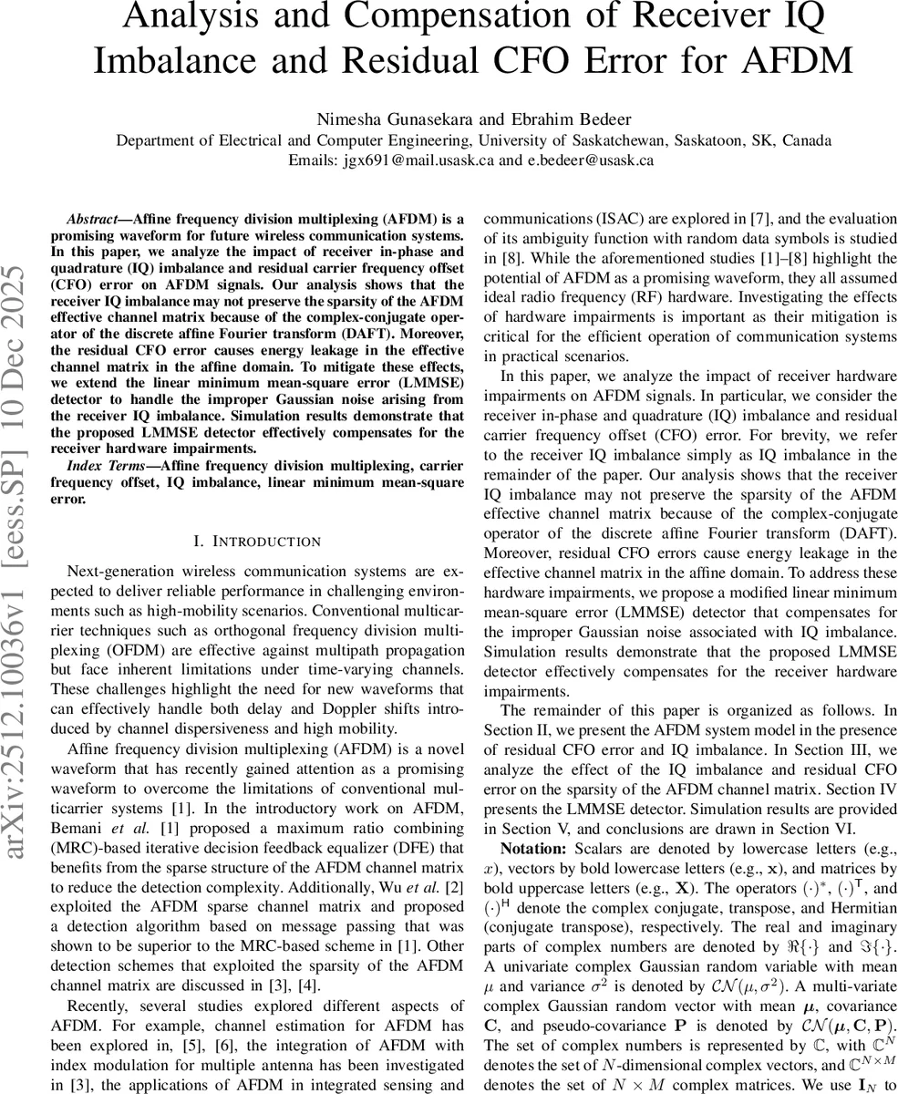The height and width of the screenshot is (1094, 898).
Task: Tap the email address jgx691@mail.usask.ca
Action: click(409, 160)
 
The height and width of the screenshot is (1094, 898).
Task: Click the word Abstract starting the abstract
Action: click(93, 220)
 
